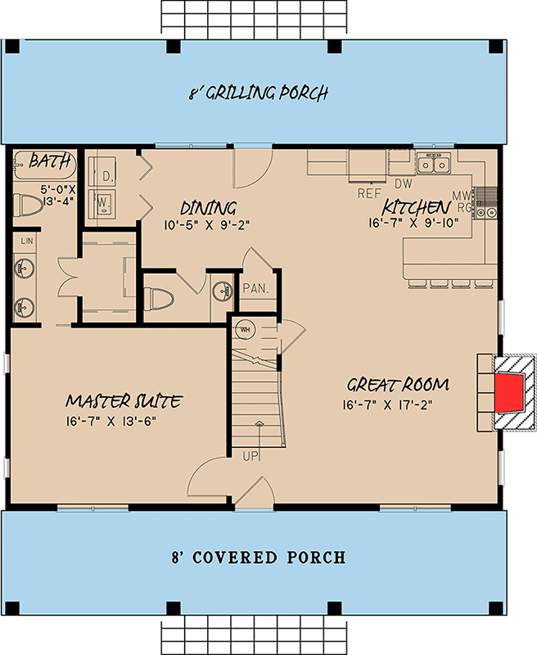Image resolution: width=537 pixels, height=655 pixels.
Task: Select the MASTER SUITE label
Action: tap(124, 401)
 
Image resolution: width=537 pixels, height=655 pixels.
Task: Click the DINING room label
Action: tap(208, 208)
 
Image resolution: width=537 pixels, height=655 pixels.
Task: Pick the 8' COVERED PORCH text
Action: tap(258, 558)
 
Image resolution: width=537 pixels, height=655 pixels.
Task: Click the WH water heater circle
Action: tap(245, 329)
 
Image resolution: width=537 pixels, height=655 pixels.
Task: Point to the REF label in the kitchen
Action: tap(371, 194)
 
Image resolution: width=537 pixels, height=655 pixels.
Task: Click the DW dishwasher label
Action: tap(403, 185)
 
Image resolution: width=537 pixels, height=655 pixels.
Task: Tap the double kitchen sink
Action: tap(433, 165)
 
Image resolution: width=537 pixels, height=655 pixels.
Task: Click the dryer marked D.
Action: tap(106, 174)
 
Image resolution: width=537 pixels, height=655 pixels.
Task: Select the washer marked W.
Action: tap(105, 201)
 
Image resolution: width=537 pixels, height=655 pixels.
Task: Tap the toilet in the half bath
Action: tap(161, 296)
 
